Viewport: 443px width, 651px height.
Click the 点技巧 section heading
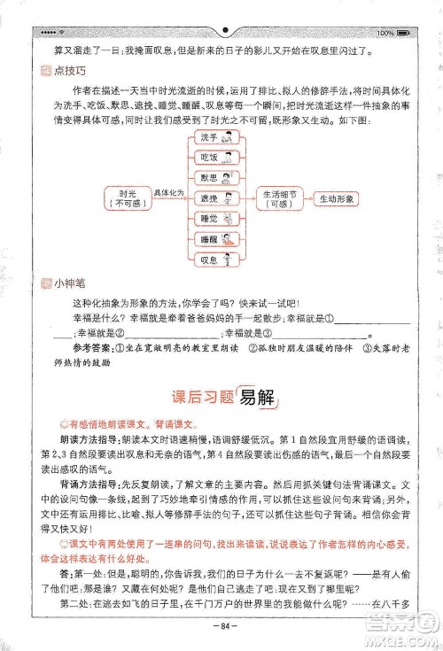pos(58,70)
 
